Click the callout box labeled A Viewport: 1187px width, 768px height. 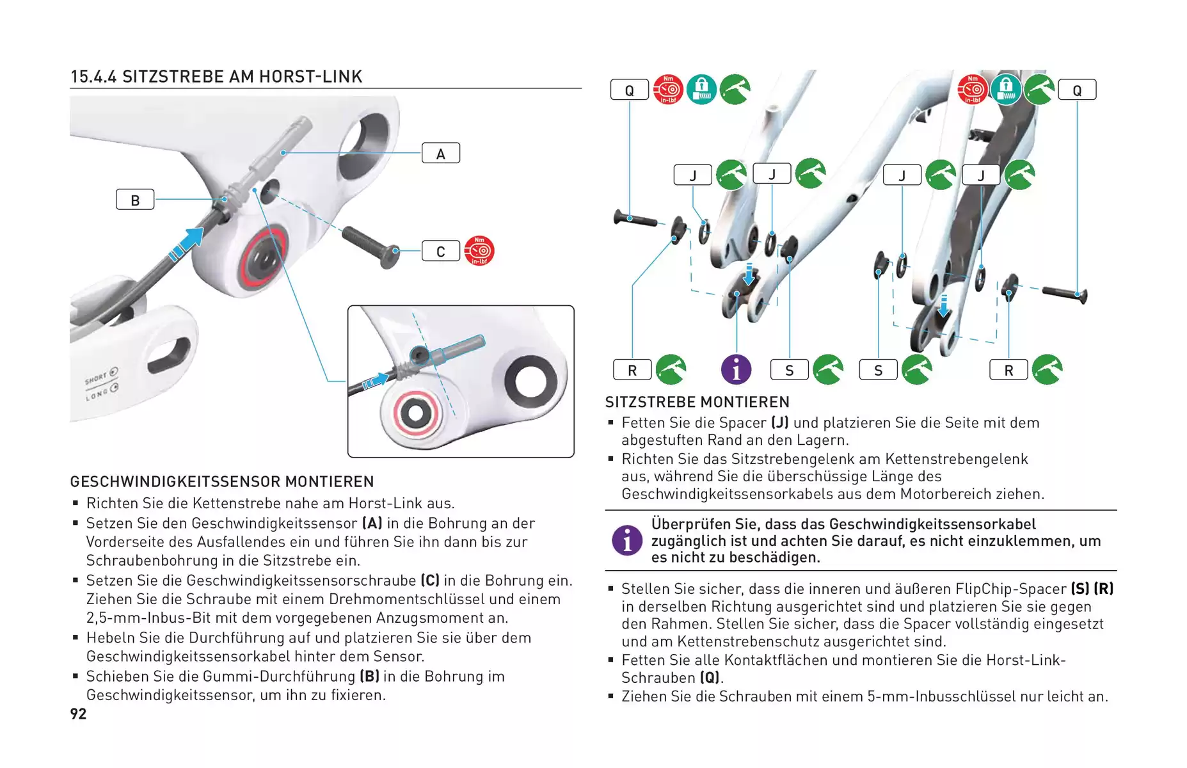pos(441,154)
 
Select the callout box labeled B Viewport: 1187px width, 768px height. pos(135,200)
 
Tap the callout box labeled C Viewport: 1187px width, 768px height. pos(441,251)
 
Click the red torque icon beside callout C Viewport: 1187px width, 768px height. pos(479,251)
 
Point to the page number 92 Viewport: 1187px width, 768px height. pos(78,714)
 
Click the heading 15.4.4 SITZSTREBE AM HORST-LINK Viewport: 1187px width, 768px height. pos(216,77)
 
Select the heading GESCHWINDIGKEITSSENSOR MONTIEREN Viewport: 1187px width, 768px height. pos(222,481)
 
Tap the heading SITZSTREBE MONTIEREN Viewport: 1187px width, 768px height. pos(697,402)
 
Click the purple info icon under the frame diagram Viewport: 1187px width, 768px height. pos(737,369)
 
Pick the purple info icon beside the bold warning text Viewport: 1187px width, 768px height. pos(627,540)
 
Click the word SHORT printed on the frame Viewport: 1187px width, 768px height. pos(96,379)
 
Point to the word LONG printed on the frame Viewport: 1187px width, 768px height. pos(97,394)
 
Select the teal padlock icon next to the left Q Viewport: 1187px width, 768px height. pos(702,90)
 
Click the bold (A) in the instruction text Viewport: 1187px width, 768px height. pos(372,524)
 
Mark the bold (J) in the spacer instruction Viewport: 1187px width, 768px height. pos(780,423)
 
